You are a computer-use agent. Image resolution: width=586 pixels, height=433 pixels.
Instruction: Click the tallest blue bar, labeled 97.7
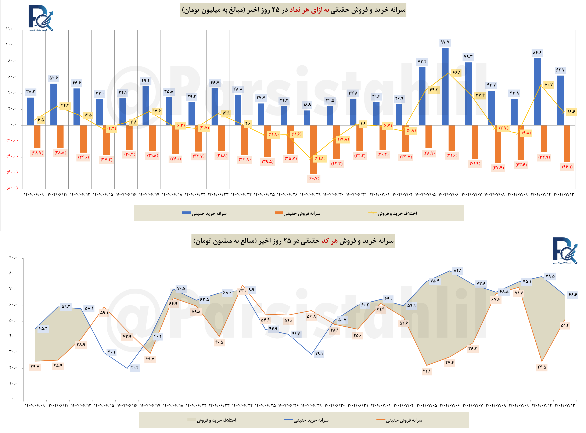[x=445, y=87]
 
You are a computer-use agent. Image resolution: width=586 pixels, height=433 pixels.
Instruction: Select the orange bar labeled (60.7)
[x=313, y=149]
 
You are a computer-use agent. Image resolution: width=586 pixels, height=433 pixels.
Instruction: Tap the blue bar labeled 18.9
[x=307, y=118]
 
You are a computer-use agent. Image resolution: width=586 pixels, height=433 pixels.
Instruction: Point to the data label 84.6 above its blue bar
[x=537, y=53]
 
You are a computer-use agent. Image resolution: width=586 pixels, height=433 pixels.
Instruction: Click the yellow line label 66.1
[x=456, y=72]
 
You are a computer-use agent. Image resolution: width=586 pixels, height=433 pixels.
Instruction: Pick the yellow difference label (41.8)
[x=320, y=158]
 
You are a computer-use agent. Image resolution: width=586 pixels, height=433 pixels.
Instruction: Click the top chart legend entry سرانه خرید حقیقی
[x=205, y=213]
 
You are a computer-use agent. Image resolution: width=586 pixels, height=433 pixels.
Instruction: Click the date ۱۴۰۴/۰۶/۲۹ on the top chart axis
[x=310, y=194]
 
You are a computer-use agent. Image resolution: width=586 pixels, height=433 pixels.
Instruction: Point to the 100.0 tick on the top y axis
[x=11, y=45]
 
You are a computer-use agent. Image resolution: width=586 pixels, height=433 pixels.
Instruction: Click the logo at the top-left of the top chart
[x=41, y=18]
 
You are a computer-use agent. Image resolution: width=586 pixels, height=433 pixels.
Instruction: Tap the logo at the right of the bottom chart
[x=565, y=251]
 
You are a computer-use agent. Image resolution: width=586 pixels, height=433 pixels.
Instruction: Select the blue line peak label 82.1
[x=457, y=270]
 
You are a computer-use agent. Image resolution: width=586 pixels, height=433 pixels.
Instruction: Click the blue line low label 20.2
[x=134, y=368]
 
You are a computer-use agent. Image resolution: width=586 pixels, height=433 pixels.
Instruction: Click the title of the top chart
[x=293, y=10]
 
